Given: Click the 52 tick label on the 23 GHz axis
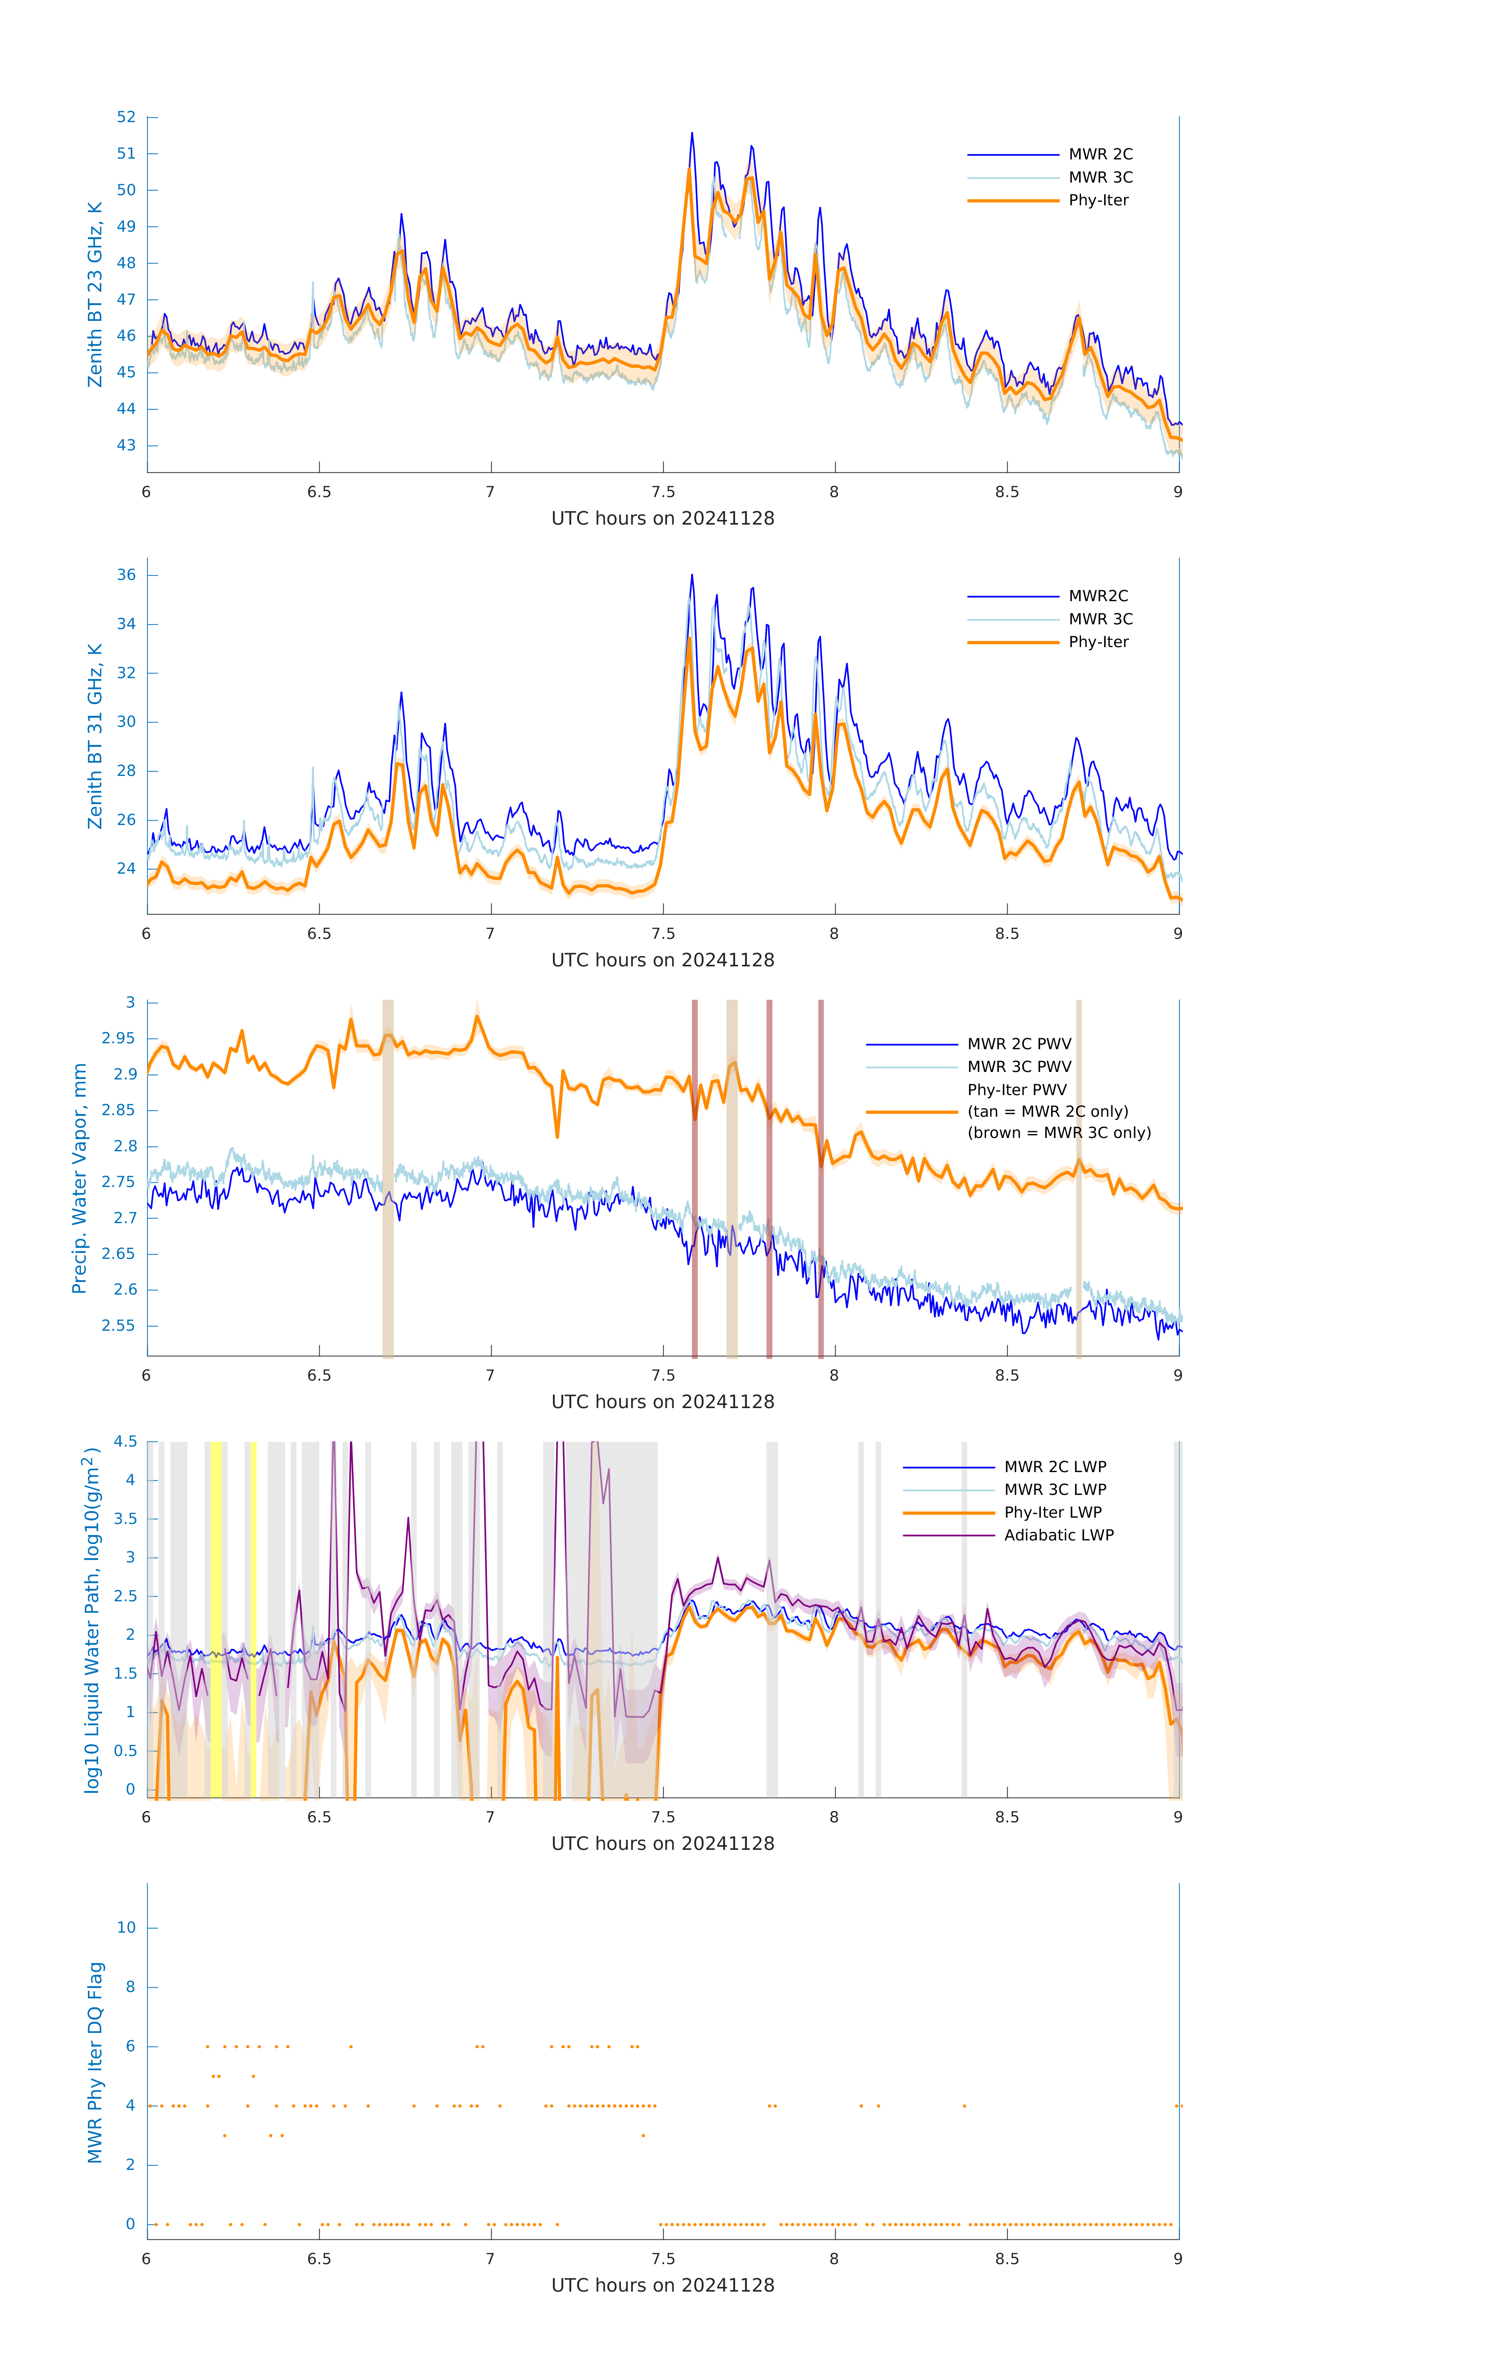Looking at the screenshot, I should click(126, 117).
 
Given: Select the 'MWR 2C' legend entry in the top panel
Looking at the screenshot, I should click(1100, 155).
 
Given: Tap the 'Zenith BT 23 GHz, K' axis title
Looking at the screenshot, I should click(95, 294).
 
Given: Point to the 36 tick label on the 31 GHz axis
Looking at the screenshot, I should click(126, 575).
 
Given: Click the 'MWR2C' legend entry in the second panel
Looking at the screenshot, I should click(1098, 596).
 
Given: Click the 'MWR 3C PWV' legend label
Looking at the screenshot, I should click(1019, 1066).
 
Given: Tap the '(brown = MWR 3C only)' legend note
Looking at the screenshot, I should click(1059, 1133).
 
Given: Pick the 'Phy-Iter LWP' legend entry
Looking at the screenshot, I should click(1052, 1513).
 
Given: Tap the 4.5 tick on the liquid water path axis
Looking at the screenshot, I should click(125, 1441).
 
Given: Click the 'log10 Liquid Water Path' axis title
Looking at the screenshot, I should click(91, 1619).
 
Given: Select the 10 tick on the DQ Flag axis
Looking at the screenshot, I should click(126, 1928).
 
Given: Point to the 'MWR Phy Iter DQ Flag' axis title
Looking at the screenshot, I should click(95, 2062).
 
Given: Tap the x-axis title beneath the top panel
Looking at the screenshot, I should click(662, 519).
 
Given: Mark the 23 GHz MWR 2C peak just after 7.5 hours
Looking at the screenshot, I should click(692, 134).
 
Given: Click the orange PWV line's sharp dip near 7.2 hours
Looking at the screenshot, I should click(558, 1136).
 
